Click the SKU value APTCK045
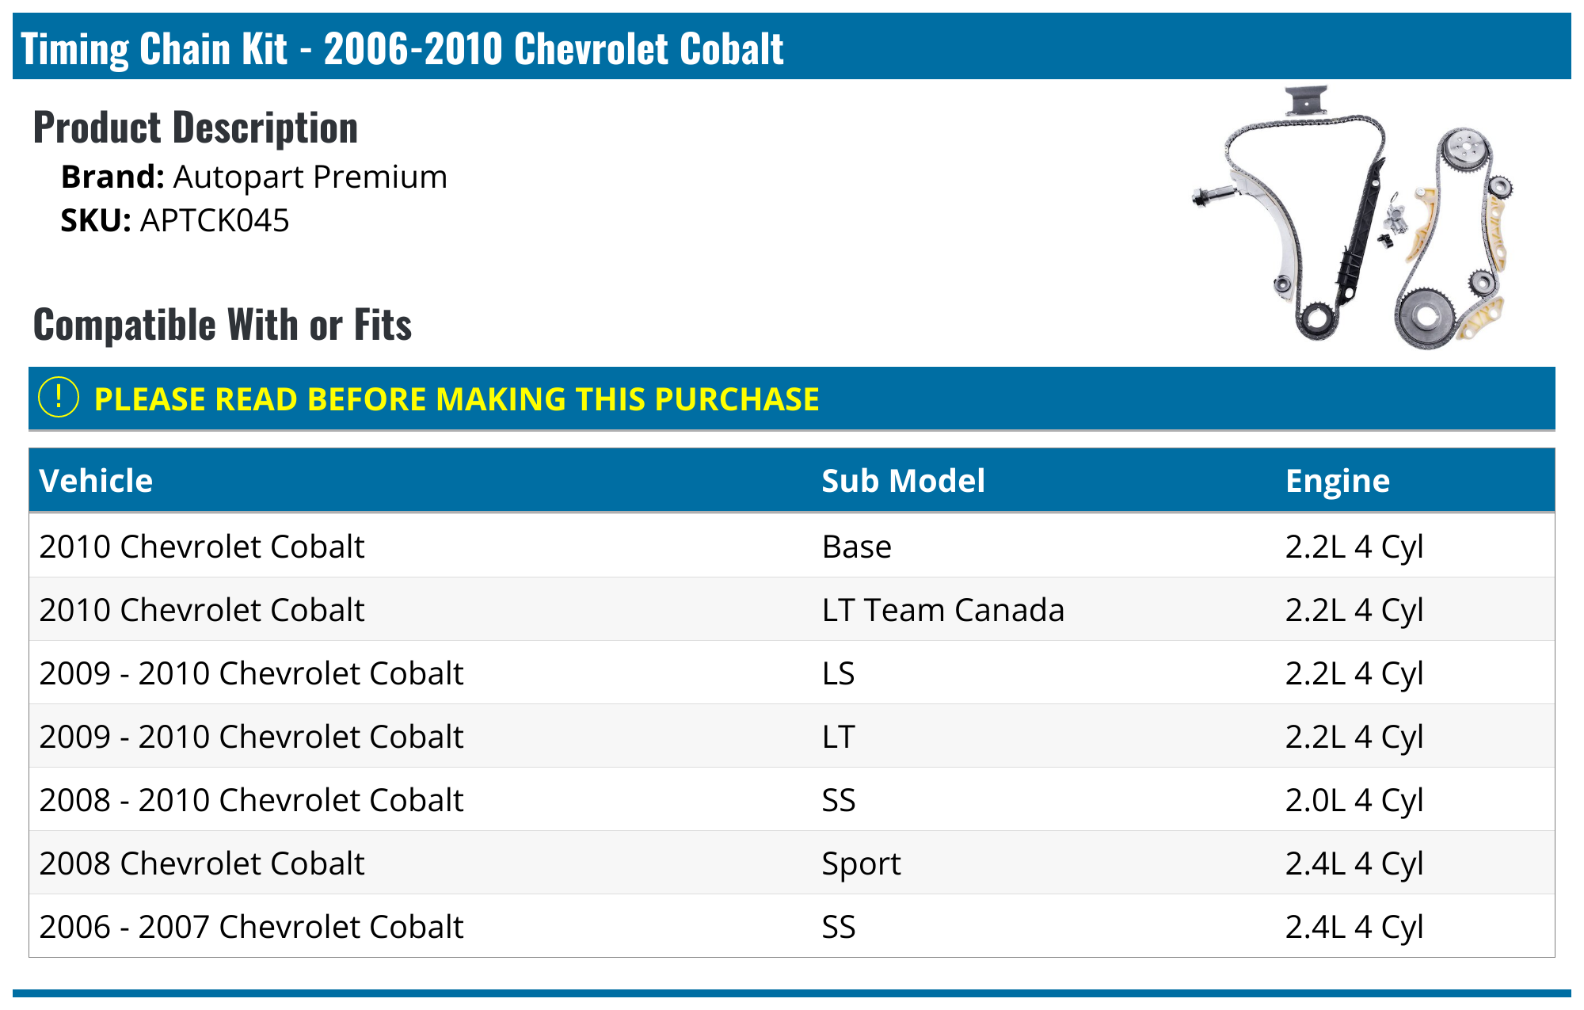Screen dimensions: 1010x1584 [x=215, y=221]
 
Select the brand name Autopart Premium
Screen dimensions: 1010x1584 [x=310, y=177]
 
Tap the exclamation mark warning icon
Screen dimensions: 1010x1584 [x=59, y=398]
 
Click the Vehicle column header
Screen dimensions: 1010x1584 [x=96, y=481]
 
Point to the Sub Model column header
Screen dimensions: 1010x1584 [x=903, y=481]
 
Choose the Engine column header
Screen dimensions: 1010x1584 [x=1337, y=481]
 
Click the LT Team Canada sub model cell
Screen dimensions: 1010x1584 [x=942, y=610]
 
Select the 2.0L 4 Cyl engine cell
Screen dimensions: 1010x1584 [x=1354, y=800]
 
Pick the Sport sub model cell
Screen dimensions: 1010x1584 [x=861, y=863]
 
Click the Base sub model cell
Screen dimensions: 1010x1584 [x=856, y=547]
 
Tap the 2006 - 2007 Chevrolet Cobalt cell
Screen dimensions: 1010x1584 [x=251, y=927]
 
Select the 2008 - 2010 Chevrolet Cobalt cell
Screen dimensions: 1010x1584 [x=251, y=800]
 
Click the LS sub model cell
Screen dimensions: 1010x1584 [x=838, y=673]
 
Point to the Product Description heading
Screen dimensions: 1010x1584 [x=196, y=128]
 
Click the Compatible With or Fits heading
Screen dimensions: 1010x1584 [x=223, y=325]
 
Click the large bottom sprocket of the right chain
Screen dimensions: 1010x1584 [x=1425, y=318]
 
